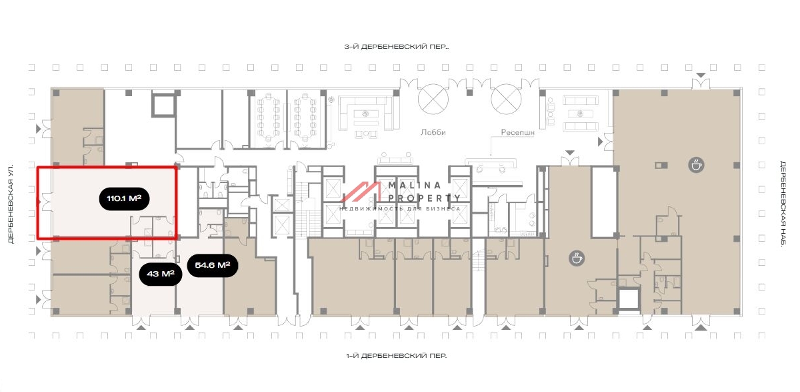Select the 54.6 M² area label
[213, 266]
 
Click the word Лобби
[433, 132]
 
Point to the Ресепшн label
[518, 132]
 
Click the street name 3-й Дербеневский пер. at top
[396, 47]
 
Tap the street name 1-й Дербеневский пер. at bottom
[396, 356]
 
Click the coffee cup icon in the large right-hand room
[697, 165]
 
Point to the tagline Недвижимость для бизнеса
[400, 208]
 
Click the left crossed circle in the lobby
[432, 99]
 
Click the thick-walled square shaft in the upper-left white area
[163, 106]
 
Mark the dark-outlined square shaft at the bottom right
[628, 300]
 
